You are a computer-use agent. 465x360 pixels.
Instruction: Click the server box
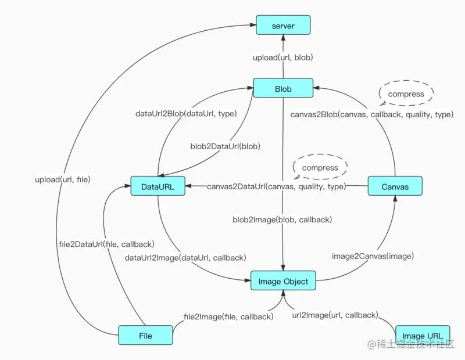click(x=283, y=26)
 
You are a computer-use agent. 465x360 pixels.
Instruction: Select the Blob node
click(x=282, y=89)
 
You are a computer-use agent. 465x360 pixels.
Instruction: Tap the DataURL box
click(x=158, y=186)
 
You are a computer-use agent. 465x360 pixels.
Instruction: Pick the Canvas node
click(x=395, y=186)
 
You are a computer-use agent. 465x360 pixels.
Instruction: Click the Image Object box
click(x=283, y=282)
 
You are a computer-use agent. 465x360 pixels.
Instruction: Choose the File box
click(x=146, y=336)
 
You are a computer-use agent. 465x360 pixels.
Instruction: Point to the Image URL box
click(x=422, y=336)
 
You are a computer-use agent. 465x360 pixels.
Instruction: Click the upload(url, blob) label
click(x=283, y=58)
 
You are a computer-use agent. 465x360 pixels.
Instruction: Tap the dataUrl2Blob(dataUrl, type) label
click(x=185, y=114)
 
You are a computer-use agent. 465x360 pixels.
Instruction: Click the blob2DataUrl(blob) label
click(x=226, y=146)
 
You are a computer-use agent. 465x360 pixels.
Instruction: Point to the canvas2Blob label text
click(x=371, y=114)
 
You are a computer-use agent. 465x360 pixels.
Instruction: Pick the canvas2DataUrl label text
click(x=276, y=186)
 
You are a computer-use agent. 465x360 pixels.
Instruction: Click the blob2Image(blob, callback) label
click(x=282, y=219)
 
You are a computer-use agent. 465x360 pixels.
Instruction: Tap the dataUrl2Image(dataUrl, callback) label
click(x=185, y=257)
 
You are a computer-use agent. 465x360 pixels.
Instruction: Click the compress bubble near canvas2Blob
click(x=406, y=93)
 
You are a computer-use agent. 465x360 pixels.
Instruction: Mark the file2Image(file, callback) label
click(x=228, y=316)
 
